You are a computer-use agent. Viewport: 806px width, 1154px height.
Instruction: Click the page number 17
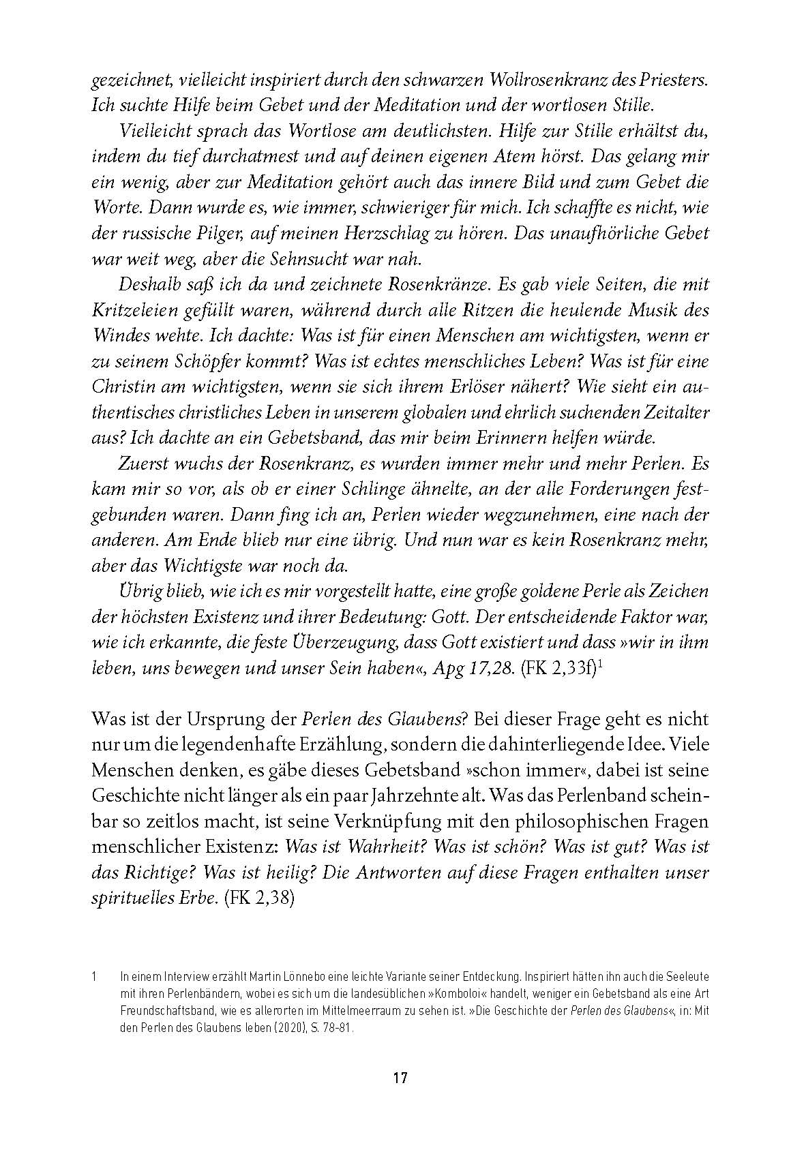(400, 1078)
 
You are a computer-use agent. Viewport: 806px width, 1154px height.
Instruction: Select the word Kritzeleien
(132, 310)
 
